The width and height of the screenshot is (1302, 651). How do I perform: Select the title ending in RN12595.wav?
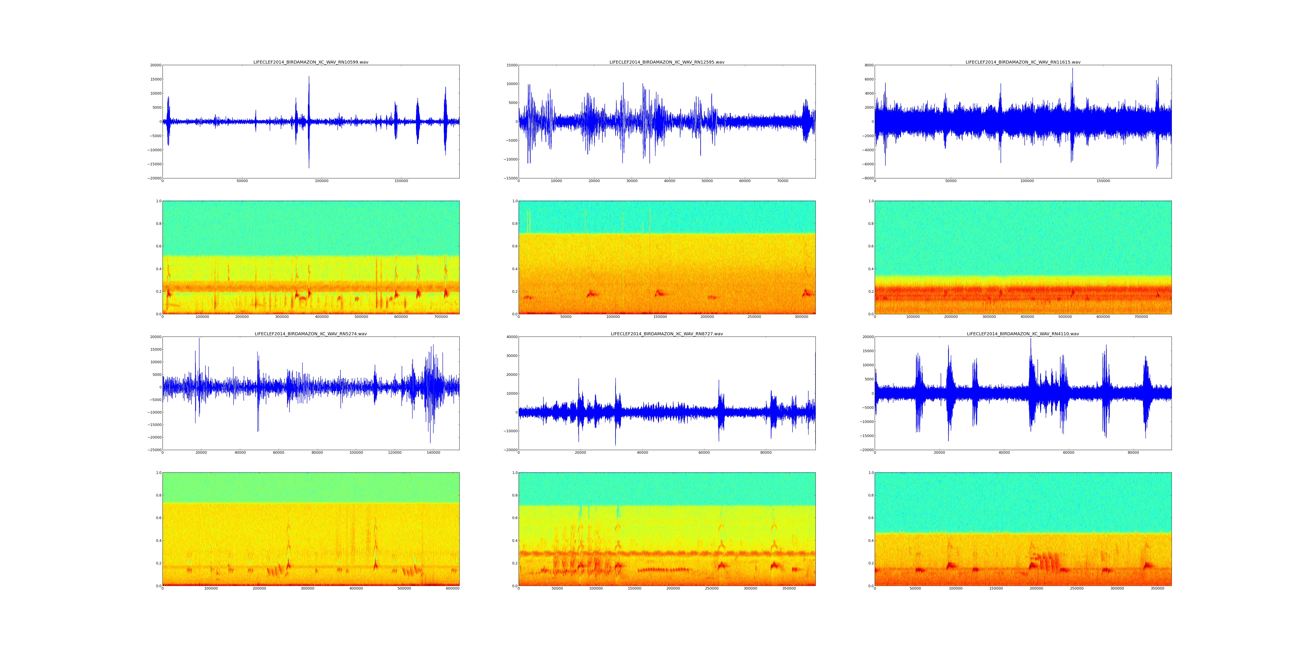pyautogui.click(x=667, y=62)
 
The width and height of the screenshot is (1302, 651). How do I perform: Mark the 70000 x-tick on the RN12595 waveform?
pyautogui.click(x=783, y=181)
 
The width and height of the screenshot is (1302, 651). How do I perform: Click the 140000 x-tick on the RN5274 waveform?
pyautogui.click(x=433, y=453)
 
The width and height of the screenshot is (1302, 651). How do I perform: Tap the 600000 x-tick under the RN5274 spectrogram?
pyautogui.click(x=452, y=588)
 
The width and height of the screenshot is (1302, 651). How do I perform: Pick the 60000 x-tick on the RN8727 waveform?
pyautogui.click(x=704, y=453)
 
